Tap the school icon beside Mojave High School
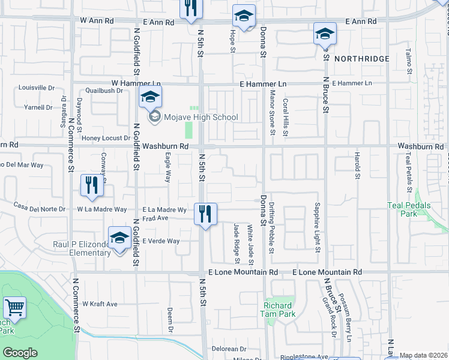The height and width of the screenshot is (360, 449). click(151, 96)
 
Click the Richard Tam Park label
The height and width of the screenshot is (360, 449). click(279, 310)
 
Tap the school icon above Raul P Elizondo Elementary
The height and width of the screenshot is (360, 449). click(119, 238)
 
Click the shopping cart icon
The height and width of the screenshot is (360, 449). click(14, 308)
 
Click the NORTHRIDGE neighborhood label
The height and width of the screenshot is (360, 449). click(362, 59)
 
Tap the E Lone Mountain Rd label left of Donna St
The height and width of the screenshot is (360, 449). click(243, 272)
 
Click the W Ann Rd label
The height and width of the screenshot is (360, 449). click(97, 20)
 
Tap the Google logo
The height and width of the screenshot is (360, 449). click(20, 353)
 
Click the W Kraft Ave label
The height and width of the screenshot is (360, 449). click(100, 304)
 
